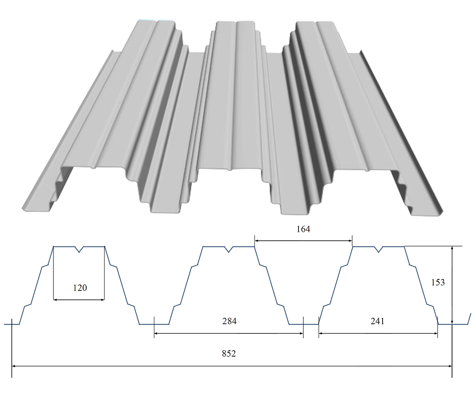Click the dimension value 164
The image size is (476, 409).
(x=303, y=229)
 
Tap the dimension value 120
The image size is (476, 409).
(x=80, y=287)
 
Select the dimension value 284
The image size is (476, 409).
(x=229, y=321)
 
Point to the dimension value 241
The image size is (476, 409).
(x=377, y=321)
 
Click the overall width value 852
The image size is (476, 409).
(x=229, y=353)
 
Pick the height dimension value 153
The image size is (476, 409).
(x=438, y=282)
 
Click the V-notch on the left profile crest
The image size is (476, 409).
(x=79, y=249)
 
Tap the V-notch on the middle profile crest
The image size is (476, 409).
(x=229, y=249)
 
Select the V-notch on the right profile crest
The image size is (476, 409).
(x=378, y=249)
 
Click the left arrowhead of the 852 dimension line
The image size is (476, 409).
(x=14, y=366)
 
